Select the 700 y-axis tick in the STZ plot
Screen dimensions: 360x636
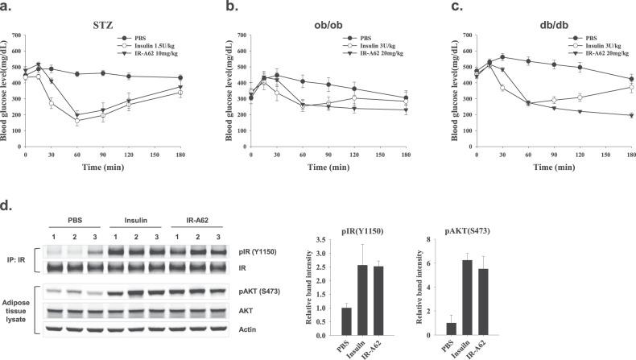pos(18,36)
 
